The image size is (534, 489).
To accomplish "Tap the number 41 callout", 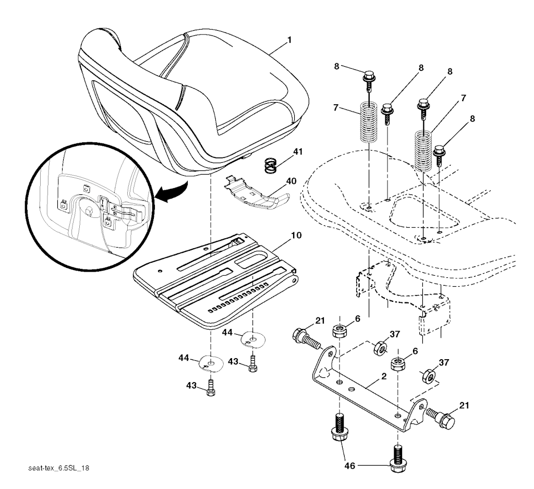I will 297,152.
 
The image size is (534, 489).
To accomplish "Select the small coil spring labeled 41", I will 271,166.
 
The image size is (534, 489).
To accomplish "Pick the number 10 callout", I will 297,236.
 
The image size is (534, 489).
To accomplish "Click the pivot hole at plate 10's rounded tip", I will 295,281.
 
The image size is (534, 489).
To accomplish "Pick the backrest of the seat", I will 107,83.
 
